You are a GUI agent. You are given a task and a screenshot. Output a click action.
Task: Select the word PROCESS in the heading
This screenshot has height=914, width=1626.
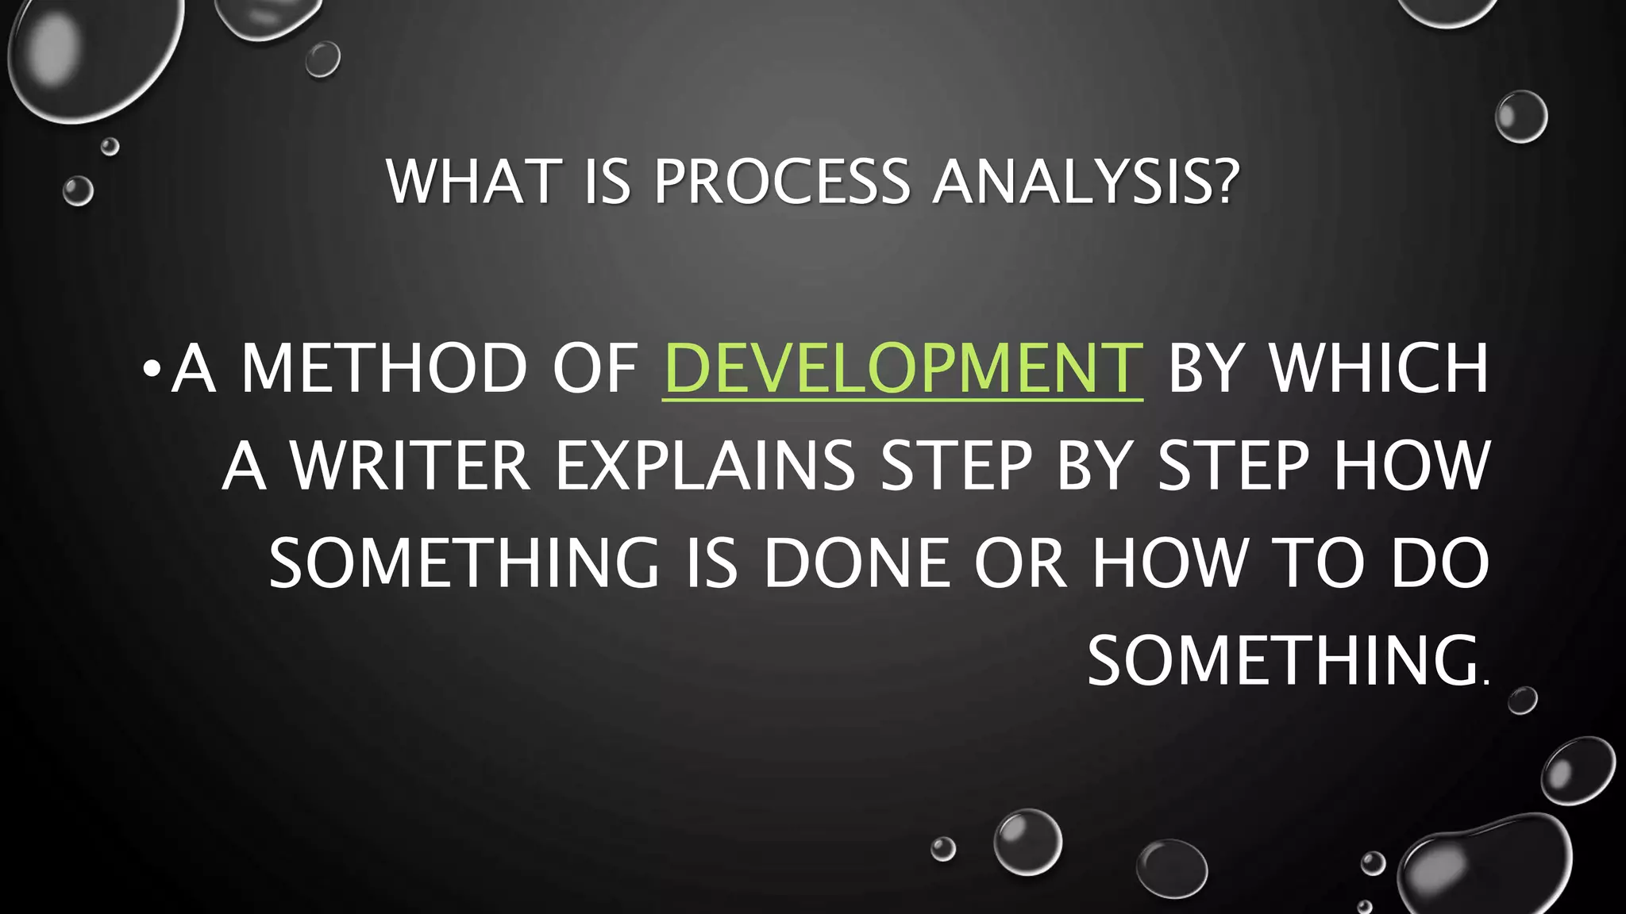click(781, 182)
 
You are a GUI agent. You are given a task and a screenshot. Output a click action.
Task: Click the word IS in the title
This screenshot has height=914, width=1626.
click(607, 182)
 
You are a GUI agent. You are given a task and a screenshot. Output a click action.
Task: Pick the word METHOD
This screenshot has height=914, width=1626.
click(384, 368)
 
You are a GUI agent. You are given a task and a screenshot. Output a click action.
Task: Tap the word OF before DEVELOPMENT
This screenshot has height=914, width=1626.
click(595, 368)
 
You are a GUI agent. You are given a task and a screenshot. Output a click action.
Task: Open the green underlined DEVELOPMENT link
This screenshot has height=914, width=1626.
click(903, 368)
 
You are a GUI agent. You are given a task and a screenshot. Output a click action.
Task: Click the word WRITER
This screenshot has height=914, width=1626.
click(410, 466)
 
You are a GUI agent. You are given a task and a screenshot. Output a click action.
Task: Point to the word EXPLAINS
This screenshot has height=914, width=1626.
click(705, 466)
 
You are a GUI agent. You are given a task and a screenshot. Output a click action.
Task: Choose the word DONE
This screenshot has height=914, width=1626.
click(857, 563)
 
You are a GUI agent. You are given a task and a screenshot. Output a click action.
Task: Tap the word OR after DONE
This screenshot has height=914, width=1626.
click(1020, 563)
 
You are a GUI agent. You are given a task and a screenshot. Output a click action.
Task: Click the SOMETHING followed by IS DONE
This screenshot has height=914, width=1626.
click(464, 563)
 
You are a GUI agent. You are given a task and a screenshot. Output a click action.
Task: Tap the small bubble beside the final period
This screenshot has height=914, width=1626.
click(1522, 701)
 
